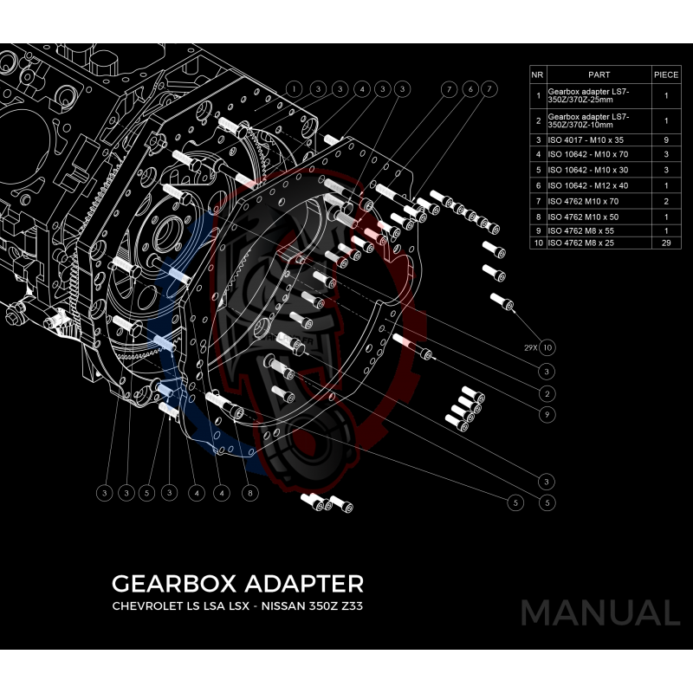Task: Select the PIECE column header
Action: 666,74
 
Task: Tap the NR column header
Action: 537,74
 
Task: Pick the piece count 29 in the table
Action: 666,243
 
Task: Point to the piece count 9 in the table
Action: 666,139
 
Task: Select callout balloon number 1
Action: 295,89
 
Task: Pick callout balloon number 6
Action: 469,89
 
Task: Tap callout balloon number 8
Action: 249,493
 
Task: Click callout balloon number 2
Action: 547,392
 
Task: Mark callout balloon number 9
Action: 547,415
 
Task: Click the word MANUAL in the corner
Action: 599,613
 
